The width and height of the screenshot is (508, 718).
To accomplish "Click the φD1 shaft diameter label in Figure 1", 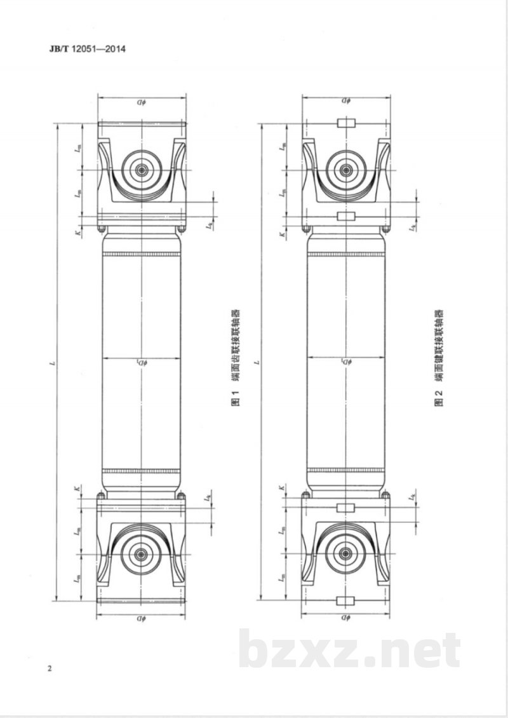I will pos(142,362).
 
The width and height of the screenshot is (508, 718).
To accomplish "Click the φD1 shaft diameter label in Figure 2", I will pos(345,362).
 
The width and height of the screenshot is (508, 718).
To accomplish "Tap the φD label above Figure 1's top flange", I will pos(142,101).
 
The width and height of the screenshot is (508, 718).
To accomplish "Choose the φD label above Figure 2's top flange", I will pos(345,101).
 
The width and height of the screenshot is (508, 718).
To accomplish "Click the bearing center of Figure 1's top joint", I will pos(142,170).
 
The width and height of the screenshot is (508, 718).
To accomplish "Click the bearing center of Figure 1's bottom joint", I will pos(141,553).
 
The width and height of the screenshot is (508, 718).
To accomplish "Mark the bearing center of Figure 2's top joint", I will pos(345,170).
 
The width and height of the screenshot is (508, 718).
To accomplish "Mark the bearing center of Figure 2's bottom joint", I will pos(345,553).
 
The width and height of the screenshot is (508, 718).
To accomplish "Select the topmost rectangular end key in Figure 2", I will pos(345,123).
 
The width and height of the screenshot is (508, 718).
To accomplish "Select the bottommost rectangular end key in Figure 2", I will pos(345,600).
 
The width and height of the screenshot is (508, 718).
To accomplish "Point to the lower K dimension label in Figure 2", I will pos(280,488).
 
